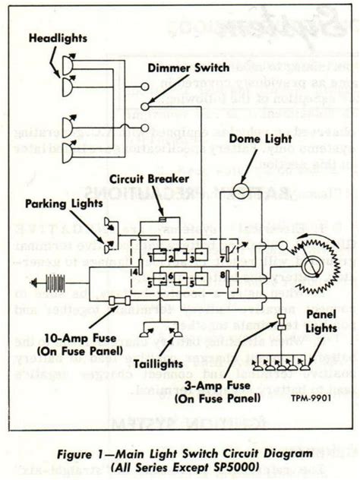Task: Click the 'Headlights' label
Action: click(x=59, y=37)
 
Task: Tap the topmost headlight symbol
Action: click(x=68, y=65)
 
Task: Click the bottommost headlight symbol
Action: click(x=68, y=153)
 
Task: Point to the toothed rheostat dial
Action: click(x=311, y=266)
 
